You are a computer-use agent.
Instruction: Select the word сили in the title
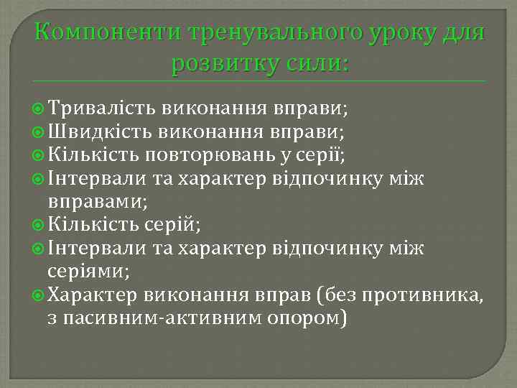[x=317, y=64]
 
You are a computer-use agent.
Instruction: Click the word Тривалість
[x=103, y=108]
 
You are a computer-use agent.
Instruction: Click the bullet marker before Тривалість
[x=39, y=109]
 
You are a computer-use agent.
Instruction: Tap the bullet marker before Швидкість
[x=39, y=132]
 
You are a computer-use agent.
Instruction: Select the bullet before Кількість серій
[x=39, y=225]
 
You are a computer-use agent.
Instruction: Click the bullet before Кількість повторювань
[x=39, y=155]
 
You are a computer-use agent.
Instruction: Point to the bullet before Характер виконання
[x=39, y=295]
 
